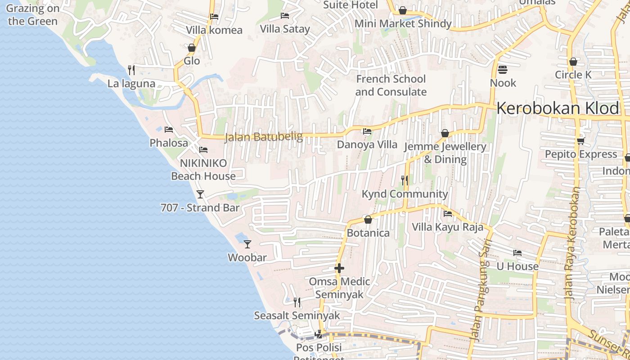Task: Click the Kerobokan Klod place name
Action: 558,109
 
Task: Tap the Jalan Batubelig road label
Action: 264,137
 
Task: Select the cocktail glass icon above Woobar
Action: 247,244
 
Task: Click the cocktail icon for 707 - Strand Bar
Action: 200,194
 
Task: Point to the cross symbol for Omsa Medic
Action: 339,269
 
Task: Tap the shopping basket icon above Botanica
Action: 368,220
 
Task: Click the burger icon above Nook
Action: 503,70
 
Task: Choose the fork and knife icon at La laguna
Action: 131,70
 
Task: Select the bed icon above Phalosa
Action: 169,130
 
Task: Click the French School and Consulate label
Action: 391,85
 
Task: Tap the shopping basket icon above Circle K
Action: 573,62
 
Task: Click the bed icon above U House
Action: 517,253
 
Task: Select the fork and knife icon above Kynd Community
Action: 405,180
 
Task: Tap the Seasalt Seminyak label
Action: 297,315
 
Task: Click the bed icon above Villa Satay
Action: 285,16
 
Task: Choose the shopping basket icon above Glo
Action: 192,48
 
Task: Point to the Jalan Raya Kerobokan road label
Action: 572,243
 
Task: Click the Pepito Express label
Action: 581,154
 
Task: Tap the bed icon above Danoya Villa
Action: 367,131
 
